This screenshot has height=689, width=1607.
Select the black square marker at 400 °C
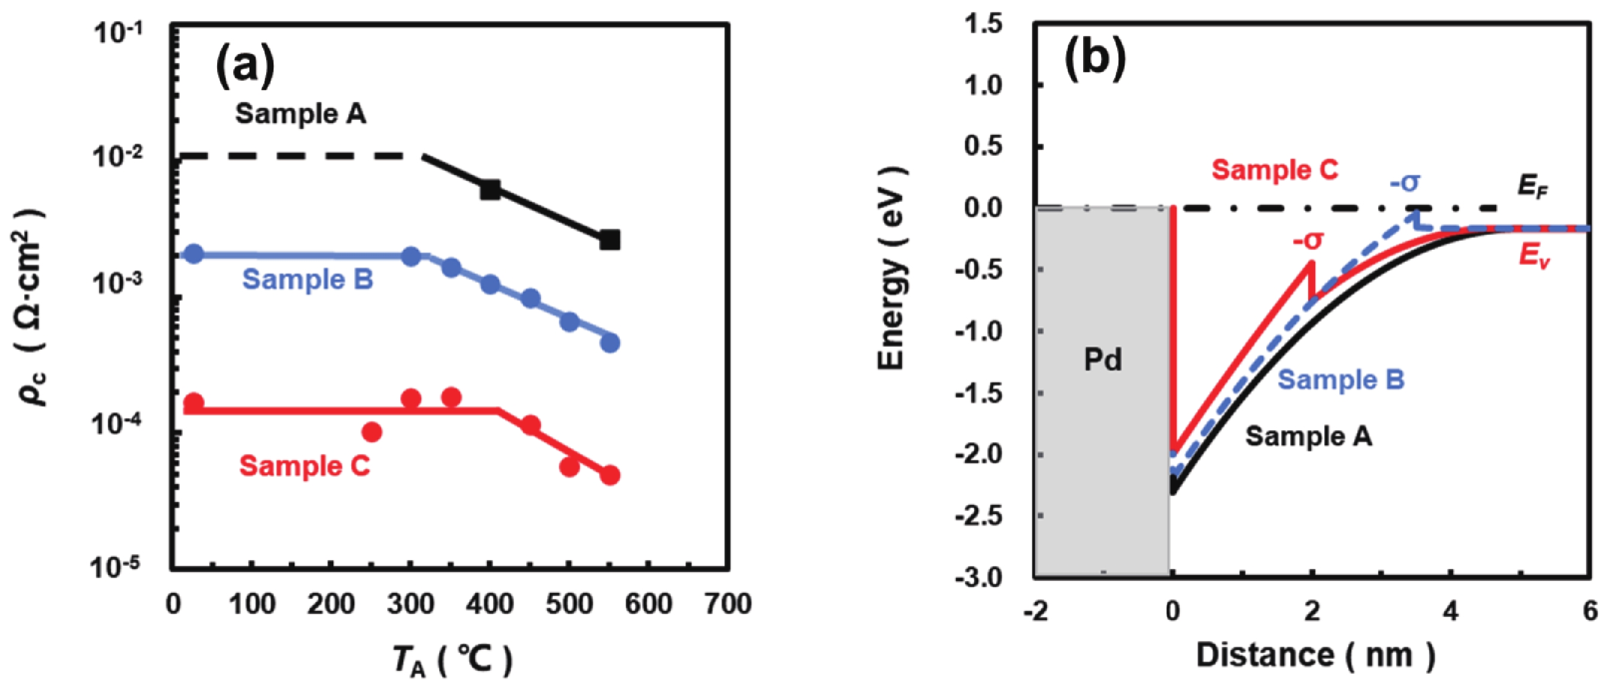coord(490,190)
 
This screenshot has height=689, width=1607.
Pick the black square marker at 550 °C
coord(609,240)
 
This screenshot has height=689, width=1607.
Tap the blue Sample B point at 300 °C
coord(411,256)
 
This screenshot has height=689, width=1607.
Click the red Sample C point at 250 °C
coord(372,432)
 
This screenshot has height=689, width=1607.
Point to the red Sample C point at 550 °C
coord(609,475)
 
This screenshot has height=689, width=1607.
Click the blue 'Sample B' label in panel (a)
coord(307,279)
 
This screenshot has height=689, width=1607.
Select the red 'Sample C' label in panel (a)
coord(304,466)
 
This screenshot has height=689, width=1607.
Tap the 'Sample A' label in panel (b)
coord(1309,436)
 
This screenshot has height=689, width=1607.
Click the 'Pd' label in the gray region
coord(1102,360)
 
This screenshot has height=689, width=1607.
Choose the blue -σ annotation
coord(1405,183)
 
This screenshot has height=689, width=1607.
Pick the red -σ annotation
coord(1308,240)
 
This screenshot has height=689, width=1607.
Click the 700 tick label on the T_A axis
coord(727,604)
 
